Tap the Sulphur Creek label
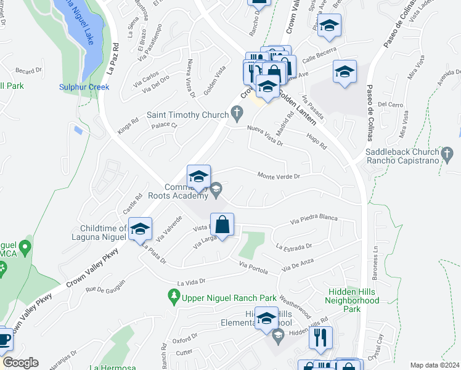click(84, 87)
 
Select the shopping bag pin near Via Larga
click(222, 225)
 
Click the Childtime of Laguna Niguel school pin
click(140, 229)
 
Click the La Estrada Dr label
click(294, 247)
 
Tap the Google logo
click(20, 363)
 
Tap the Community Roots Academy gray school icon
click(216, 191)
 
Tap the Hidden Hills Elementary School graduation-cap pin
click(266, 319)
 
